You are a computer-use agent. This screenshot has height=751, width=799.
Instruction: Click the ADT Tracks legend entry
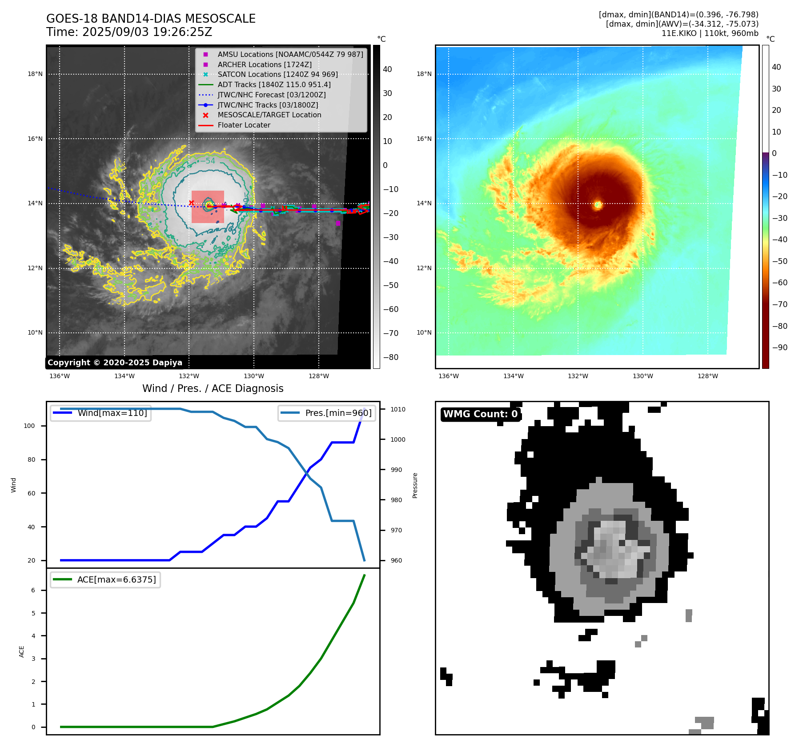tap(274, 84)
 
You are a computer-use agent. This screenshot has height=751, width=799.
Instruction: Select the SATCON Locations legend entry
tap(277, 74)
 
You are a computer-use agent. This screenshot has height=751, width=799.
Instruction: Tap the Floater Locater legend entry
tap(244, 125)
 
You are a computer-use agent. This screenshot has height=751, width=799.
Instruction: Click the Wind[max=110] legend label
tap(112, 413)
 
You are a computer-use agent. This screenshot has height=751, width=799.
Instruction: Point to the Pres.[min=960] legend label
tap(338, 413)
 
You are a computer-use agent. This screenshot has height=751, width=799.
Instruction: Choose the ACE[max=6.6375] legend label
tap(116, 579)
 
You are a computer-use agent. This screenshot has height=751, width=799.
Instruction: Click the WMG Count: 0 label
tap(480, 414)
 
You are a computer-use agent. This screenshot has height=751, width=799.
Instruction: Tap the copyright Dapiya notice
tap(115, 363)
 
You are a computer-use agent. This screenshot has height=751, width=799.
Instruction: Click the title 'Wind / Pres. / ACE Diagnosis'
tap(213, 388)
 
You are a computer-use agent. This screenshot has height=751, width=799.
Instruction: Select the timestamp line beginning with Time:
tap(129, 32)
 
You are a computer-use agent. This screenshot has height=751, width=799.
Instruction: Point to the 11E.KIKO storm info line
tap(710, 33)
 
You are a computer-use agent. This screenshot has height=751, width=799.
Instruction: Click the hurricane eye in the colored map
tap(598, 204)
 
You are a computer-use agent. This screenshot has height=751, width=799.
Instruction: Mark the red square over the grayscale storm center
tap(208, 207)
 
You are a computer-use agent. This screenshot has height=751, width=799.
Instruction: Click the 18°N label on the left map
tap(35, 74)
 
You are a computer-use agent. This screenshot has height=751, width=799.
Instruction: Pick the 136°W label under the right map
tap(448, 376)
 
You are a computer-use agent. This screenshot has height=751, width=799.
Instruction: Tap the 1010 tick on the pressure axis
tap(398, 409)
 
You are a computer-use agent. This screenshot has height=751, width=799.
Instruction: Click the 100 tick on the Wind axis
tap(29, 426)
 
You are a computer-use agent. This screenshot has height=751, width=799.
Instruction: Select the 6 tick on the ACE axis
tap(33, 590)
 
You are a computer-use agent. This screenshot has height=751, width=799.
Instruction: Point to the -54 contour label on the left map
tap(208, 161)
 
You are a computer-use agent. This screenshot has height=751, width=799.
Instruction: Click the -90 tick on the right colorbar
tap(780, 348)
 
